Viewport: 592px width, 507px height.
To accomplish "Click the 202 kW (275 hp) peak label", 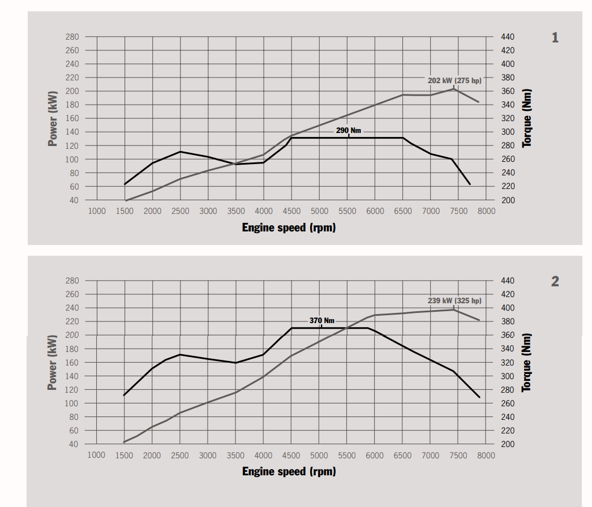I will pyautogui.click(x=454, y=81).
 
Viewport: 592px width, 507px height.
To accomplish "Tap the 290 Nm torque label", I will pyautogui.click(x=348, y=131).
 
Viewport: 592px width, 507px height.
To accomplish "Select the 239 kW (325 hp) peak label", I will pyautogui.click(x=454, y=300).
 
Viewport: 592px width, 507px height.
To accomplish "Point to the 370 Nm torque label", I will pyautogui.click(x=321, y=321).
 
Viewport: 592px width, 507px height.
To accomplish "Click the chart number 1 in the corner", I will pyautogui.click(x=555, y=38).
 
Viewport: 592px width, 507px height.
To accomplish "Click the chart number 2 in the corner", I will pyautogui.click(x=555, y=281).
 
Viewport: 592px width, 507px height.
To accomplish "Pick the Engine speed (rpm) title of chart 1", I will pyautogui.click(x=289, y=227).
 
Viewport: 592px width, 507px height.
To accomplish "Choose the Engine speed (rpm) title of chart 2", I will pyautogui.click(x=289, y=471).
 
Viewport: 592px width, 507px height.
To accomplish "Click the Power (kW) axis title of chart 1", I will pyautogui.click(x=53, y=118).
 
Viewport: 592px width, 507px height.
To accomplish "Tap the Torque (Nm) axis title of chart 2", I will pyautogui.click(x=527, y=362).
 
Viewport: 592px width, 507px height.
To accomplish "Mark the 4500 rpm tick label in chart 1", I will pyautogui.click(x=291, y=211).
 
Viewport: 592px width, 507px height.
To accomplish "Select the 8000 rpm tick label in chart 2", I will pyautogui.click(x=486, y=456).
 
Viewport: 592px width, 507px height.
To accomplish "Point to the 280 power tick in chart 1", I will pyautogui.click(x=72, y=37).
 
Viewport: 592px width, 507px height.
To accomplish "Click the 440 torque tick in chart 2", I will pyautogui.click(x=508, y=281).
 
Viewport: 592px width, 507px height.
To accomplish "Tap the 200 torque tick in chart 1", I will pyautogui.click(x=508, y=200).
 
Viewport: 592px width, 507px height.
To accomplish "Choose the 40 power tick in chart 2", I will pyautogui.click(x=74, y=444).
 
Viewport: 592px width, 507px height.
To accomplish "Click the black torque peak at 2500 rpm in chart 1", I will pyautogui.click(x=180, y=152).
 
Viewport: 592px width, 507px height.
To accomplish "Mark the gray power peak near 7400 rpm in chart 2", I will pyautogui.click(x=453, y=310).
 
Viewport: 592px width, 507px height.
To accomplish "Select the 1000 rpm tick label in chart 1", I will pyautogui.click(x=97, y=211).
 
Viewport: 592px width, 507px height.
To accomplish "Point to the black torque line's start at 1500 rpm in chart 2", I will pyautogui.click(x=125, y=395).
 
